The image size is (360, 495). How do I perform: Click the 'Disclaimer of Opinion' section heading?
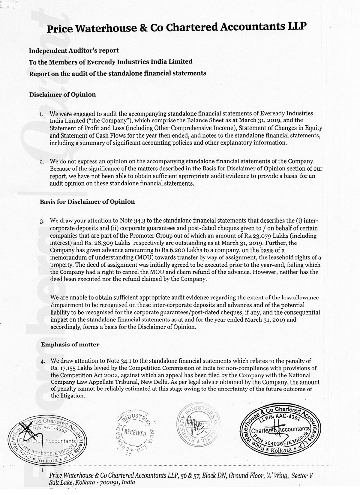tap(62, 94)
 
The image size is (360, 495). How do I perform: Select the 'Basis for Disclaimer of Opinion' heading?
tap(87, 202)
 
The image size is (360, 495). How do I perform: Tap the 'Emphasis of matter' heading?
tap(70, 345)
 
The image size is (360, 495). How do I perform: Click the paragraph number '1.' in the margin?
tap(42, 115)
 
